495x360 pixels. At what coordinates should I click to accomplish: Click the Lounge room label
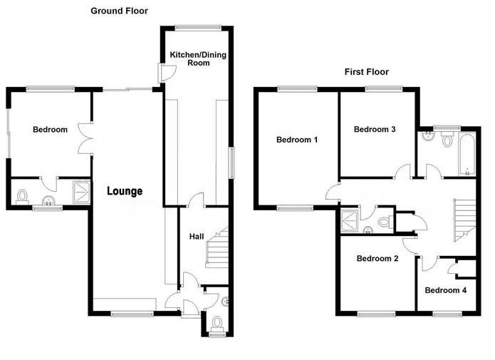pyautogui.click(x=125, y=191)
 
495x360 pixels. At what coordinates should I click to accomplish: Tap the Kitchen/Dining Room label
pyautogui.click(x=198, y=58)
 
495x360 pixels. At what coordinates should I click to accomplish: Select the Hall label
pyautogui.click(x=197, y=237)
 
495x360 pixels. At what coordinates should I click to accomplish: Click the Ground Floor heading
pyautogui.click(x=119, y=11)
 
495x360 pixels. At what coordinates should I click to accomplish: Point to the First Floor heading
pyautogui.click(x=367, y=72)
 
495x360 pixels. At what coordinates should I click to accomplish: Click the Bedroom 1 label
pyautogui.click(x=297, y=140)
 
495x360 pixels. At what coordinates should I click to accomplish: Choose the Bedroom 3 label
pyautogui.click(x=375, y=129)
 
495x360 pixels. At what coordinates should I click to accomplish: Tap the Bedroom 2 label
pyautogui.click(x=377, y=259)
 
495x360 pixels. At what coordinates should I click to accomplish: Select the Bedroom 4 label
pyautogui.click(x=445, y=290)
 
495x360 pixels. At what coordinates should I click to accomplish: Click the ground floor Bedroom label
pyautogui.click(x=50, y=130)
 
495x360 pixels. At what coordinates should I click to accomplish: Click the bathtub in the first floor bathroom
pyautogui.click(x=467, y=154)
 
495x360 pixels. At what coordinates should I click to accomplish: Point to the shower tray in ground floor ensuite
pyautogui.click(x=82, y=192)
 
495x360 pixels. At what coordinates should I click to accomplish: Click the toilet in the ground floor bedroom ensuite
pyautogui.click(x=22, y=197)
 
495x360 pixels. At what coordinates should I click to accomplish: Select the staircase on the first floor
pyautogui.click(x=464, y=220)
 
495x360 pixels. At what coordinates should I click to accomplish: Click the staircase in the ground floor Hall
pyautogui.click(x=217, y=247)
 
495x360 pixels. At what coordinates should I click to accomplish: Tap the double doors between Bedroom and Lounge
pyautogui.click(x=85, y=138)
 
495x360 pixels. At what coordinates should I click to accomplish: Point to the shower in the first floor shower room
pyautogui.click(x=350, y=222)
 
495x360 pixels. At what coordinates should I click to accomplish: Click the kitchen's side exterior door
pyautogui.click(x=167, y=73)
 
